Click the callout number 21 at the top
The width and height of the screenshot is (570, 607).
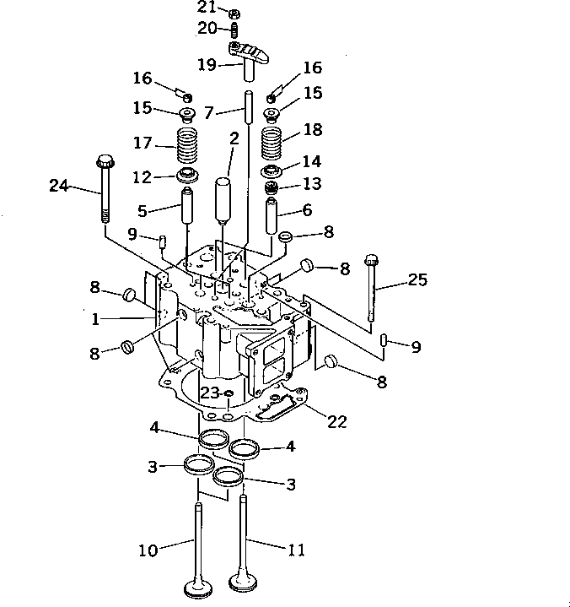click(207, 7)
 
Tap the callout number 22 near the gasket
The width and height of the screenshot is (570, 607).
click(336, 421)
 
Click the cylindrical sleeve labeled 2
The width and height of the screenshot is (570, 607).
click(223, 196)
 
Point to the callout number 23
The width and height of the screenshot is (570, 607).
click(209, 392)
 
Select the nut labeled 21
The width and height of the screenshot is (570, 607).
click(236, 14)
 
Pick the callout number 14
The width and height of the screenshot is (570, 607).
click(311, 161)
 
